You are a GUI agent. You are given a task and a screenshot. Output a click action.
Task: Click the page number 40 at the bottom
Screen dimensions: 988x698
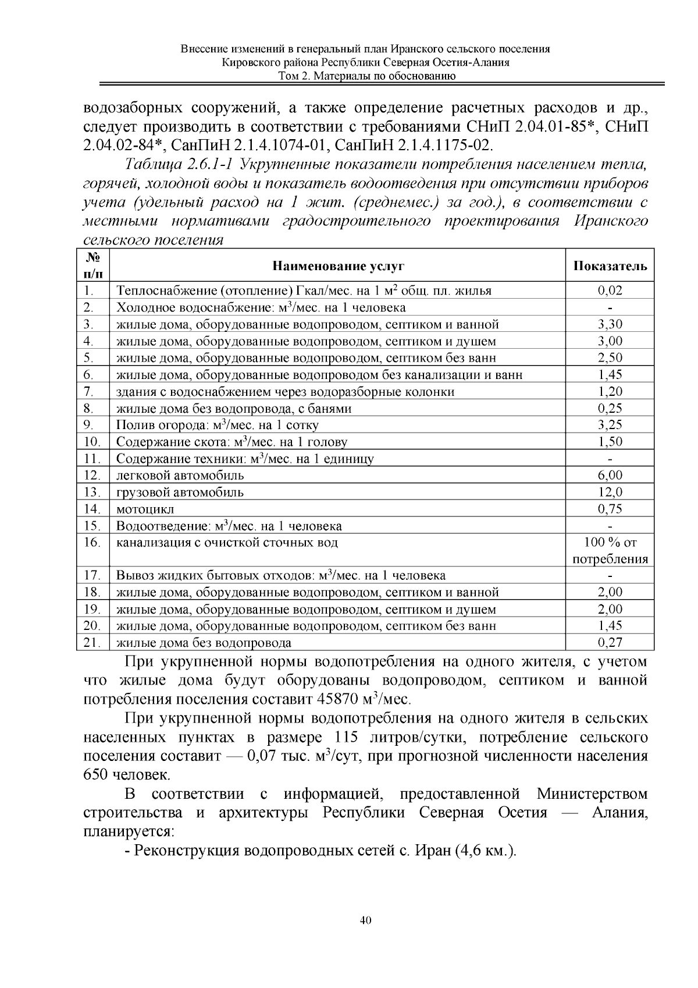click(365, 920)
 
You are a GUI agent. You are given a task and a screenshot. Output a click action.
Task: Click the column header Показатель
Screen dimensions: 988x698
click(610, 266)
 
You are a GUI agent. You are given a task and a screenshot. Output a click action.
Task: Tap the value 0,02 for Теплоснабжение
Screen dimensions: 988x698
click(610, 291)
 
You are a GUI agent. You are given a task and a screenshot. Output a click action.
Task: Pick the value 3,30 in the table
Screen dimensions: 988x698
click(610, 324)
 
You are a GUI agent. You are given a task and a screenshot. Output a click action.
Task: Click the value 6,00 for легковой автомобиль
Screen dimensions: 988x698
click(610, 475)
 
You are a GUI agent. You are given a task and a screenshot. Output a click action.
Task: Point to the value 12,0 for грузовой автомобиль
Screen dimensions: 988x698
click(610, 492)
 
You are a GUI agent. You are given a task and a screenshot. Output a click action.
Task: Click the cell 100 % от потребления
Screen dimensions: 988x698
click(610, 551)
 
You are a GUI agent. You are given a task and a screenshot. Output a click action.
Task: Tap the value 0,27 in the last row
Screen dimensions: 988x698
click(610, 643)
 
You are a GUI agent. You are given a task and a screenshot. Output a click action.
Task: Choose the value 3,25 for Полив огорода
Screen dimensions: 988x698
click(610, 424)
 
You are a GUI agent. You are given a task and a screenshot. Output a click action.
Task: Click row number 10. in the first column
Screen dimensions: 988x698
click(92, 442)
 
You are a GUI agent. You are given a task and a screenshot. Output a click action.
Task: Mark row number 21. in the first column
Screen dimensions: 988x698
click(92, 643)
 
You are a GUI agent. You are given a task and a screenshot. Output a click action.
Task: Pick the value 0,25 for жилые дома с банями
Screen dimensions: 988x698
click(610, 408)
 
